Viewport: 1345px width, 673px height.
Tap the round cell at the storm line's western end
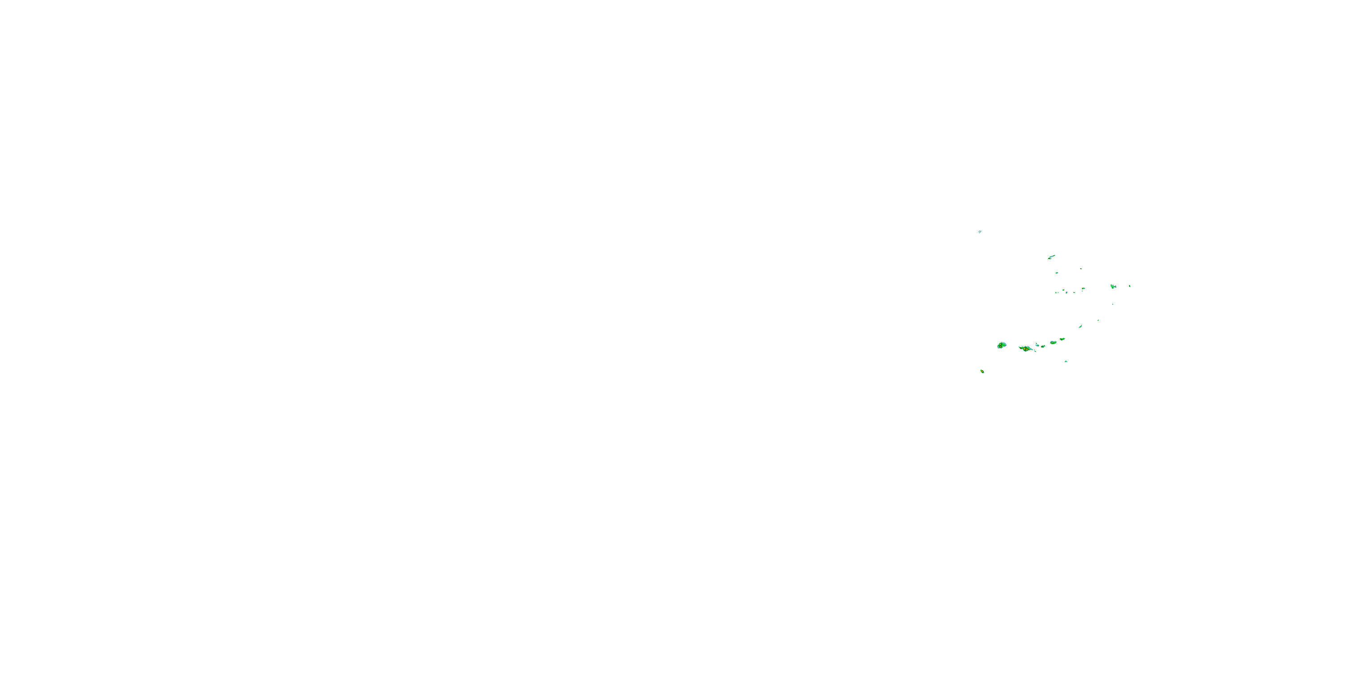pos(1002,345)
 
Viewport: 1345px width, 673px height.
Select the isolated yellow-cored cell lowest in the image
pos(982,371)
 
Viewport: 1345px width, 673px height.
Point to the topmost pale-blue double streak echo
pos(980,232)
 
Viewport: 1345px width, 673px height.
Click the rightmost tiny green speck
pos(1130,286)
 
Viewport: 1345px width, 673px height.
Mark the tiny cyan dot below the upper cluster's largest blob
pos(1113,304)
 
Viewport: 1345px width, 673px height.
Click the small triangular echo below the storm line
pos(1066,362)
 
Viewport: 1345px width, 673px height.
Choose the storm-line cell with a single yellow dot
pos(1053,343)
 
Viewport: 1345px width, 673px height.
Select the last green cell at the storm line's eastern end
pos(1062,339)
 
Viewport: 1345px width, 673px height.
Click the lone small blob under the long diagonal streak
pos(1057,273)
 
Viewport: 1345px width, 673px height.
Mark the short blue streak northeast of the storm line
pos(1080,327)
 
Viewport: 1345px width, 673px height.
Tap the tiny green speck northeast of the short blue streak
pos(1098,320)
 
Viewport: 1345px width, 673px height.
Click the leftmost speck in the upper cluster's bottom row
pos(1056,293)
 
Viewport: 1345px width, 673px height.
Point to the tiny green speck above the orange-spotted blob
pos(1081,269)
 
